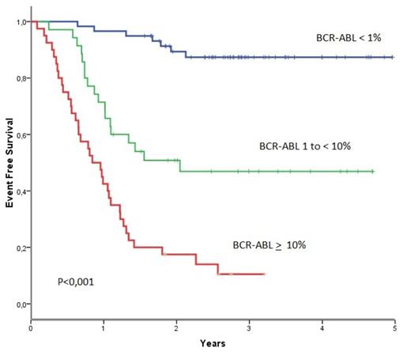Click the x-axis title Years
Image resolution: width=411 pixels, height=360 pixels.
tap(213, 344)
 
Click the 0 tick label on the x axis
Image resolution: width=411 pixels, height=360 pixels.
tap(31, 327)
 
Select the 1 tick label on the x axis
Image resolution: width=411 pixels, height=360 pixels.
tap(104, 327)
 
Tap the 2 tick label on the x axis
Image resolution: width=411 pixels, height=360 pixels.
tap(176, 327)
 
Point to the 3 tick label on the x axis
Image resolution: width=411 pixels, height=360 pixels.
tap(249, 327)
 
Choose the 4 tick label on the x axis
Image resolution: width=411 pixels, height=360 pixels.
tap(322, 327)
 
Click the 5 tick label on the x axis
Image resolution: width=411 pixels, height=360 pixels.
tap(394, 327)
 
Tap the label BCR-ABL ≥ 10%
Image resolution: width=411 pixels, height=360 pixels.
tap(269, 245)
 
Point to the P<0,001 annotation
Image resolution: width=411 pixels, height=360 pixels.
tap(75, 281)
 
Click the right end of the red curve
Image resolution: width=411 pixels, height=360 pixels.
tap(265, 274)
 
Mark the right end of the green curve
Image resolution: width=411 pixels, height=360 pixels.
tap(373, 171)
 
